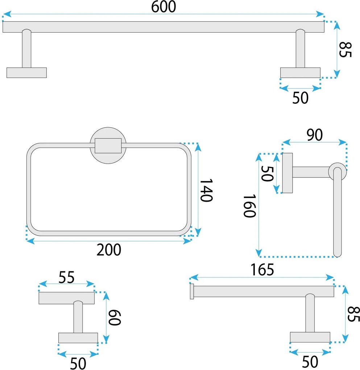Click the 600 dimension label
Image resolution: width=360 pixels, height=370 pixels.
164,7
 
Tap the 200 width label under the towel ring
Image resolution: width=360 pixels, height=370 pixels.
109,250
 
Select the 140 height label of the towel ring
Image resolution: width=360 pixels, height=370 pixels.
206,190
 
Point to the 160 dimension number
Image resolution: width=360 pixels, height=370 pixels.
249,206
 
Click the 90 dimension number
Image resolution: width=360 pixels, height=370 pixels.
315,135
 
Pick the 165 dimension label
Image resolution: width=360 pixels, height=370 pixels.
262,270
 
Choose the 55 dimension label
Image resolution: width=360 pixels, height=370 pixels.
67,277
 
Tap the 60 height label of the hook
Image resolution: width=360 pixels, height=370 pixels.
115,318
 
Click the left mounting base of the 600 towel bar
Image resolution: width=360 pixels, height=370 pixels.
27,73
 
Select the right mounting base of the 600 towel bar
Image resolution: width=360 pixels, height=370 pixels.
300,73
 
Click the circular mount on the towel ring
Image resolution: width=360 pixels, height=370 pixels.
108,145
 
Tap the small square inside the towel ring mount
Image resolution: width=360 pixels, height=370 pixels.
108,145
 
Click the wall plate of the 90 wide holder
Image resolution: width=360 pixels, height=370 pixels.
287,173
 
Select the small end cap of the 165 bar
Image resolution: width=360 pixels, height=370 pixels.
192,291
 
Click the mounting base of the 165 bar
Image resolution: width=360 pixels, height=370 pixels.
310,337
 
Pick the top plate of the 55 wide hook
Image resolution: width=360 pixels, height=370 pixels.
67,298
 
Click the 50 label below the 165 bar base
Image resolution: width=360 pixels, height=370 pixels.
310,362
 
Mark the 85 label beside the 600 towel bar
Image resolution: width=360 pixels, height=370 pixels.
345,50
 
